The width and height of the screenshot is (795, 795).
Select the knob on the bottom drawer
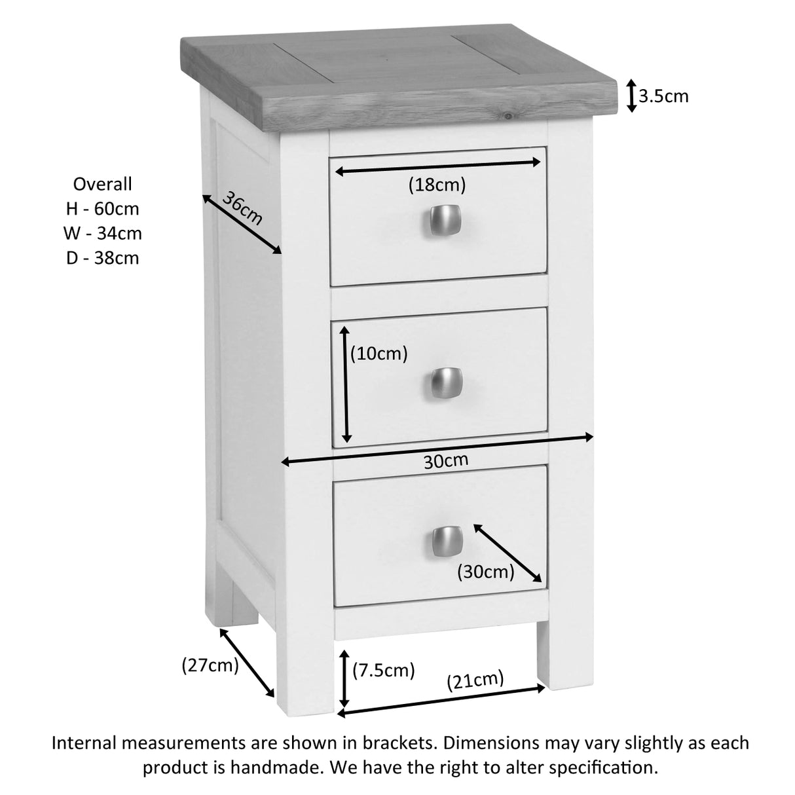tap(448, 538)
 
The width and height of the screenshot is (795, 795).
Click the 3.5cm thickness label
tap(663, 97)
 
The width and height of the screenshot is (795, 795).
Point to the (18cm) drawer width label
tap(437, 185)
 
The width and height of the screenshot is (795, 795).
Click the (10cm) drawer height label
tap(379, 354)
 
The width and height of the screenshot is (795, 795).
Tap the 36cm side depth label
tap(242, 208)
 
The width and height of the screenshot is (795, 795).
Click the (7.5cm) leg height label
tap(384, 670)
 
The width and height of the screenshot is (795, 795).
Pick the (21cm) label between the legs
tap(475, 680)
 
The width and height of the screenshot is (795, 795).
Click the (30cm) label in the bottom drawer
tap(485, 572)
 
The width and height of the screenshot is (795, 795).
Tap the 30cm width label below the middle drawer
tap(446, 461)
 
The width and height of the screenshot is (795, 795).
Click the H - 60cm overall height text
tap(103, 209)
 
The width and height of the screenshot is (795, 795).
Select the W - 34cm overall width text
tap(103, 233)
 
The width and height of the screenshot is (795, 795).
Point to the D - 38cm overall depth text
tap(103, 258)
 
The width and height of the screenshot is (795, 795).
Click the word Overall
tap(103, 184)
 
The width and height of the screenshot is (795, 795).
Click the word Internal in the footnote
tap(83, 743)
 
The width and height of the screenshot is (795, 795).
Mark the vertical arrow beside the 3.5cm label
tap(631, 96)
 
